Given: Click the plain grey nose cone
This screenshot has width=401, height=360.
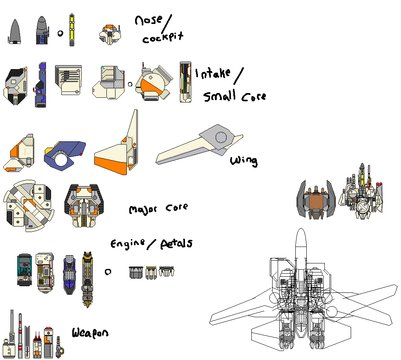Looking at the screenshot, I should (x=15, y=31).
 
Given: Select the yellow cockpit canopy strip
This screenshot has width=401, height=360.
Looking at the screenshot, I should (x=71, y=29).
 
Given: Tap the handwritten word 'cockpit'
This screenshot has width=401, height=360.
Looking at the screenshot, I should (x=163, y=38).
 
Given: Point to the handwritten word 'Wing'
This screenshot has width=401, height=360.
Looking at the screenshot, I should (x=244, y=161).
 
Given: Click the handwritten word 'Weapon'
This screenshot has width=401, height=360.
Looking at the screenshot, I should (x=90, y=333).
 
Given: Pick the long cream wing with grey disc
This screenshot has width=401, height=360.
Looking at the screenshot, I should (x=200, y=145).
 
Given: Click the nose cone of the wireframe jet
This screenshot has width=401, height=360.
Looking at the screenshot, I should (x=301, y=239).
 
